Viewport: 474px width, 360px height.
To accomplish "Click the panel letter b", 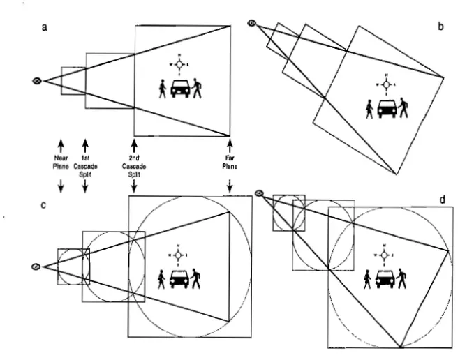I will pyautogui.click(x=440, y=27).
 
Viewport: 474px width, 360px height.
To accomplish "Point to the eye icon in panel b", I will pyautogui.click(x=252, y=23).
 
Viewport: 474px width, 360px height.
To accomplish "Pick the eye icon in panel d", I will pyautogui.click(x=260, y=193).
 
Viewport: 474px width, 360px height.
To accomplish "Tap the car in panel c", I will pyautogui.click(x=179, y=279).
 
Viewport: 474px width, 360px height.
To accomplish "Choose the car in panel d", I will pyautogui.click(x=385, y=279).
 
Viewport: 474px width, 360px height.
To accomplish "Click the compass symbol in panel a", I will pyautogui.click(x=179, y=64).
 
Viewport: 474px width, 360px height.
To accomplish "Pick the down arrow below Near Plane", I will pyautogui.click(x=61, y=185).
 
